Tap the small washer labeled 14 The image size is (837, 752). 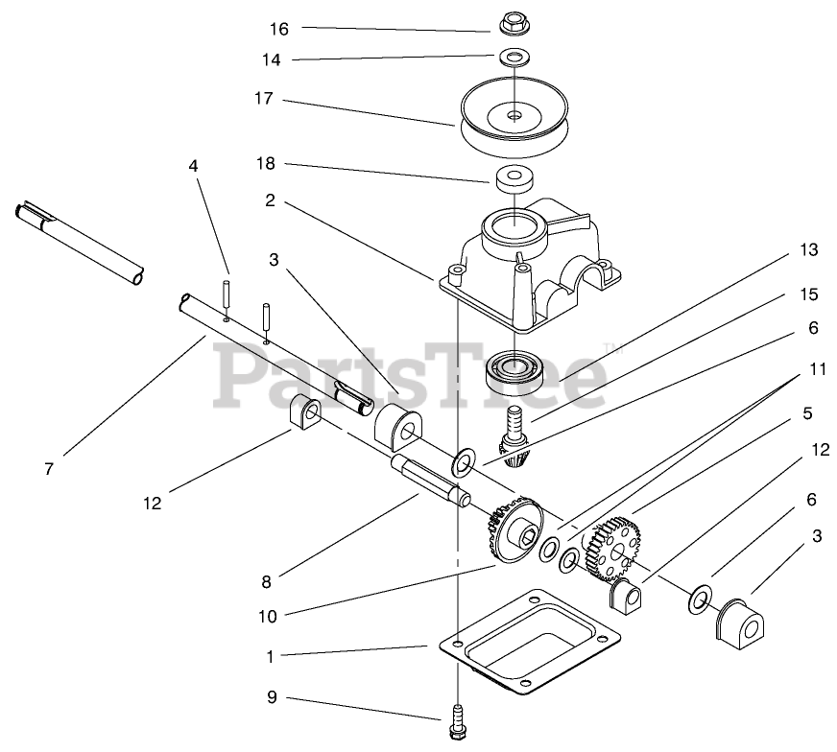pos(515,58)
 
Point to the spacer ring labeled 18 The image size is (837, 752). pos(515,178)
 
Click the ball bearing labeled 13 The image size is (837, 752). pos(516,370)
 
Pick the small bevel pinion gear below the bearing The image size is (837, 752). pos(514,447)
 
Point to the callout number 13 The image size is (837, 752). pos(808,250)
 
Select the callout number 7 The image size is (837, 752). pos(48,469)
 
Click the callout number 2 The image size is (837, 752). pos(271,200)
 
